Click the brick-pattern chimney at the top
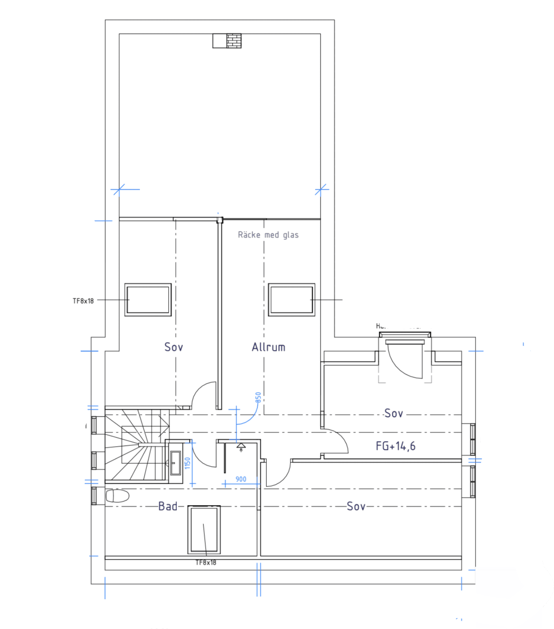click(234, 41)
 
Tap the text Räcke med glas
click(268, 235)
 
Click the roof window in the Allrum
click(291, 299)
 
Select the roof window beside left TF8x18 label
click(148, 299)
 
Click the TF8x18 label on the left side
click(83, 301)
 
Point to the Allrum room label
click(268, 347)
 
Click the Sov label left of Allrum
click(174, 347)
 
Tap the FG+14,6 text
click(395, 446)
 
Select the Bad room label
click(168, 506)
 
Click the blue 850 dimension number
click(258, 397)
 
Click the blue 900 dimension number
click(241, 479)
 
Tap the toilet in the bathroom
click(117, 496)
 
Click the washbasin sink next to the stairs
click(175, 463)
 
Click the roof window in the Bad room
click(204, 530)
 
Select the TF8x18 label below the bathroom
click(206, 563)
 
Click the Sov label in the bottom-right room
click(356, 506)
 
